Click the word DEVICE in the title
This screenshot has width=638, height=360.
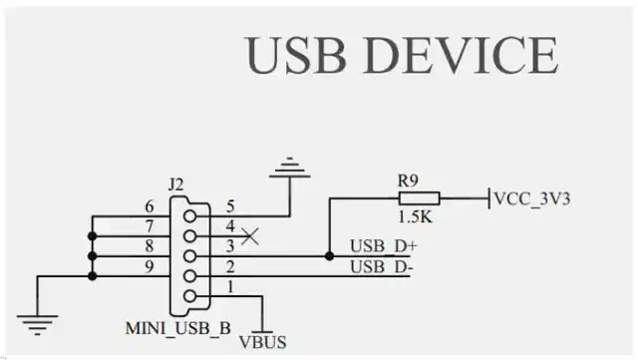(464, 56)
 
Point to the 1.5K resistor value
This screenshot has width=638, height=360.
(414, 216)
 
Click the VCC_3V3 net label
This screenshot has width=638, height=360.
(533, 197)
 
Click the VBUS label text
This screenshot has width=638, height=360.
(262, 342)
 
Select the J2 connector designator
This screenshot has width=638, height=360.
(177, 184)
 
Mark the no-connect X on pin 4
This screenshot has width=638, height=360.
(251, 236)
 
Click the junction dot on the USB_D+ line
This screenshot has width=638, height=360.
(329, 255)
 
